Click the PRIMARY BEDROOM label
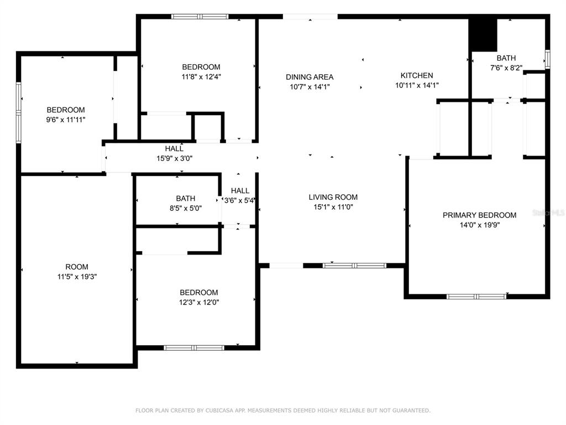tap(479, 215)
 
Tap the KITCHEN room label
tap(417, 75)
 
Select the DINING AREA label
tap(310, 77)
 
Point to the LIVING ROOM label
tap(333, 198)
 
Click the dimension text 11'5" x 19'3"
tap(77, 277)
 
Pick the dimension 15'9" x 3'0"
tap(174, 158)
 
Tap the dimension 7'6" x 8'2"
tap(506, 68)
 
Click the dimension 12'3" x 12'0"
tap(199, 303)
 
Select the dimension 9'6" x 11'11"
tap(65, 120)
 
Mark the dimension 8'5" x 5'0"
tap(186, 208)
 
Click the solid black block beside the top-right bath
tap(483, 35)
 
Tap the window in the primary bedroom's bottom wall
tap(476, 297)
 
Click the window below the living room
tap(354, 266)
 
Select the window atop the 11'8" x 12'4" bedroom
tap(200, 17)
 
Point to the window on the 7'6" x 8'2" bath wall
tap(547, 59)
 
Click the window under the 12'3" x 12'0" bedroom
tap(194, 348)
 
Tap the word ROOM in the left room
tap(76, 267)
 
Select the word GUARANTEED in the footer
tap(411, 411)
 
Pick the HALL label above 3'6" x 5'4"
tap(240, 191)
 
